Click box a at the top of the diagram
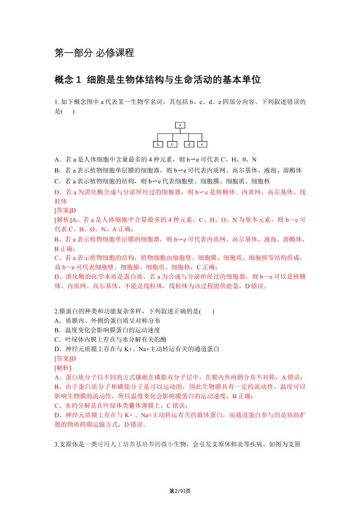coord(180,124)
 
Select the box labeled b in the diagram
coord(158,144)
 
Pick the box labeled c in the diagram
coord(173,144)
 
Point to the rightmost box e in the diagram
coord(202,144)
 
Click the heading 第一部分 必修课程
coord(94,53)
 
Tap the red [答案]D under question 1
coord(65,210)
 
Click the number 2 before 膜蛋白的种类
coord(55,311)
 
